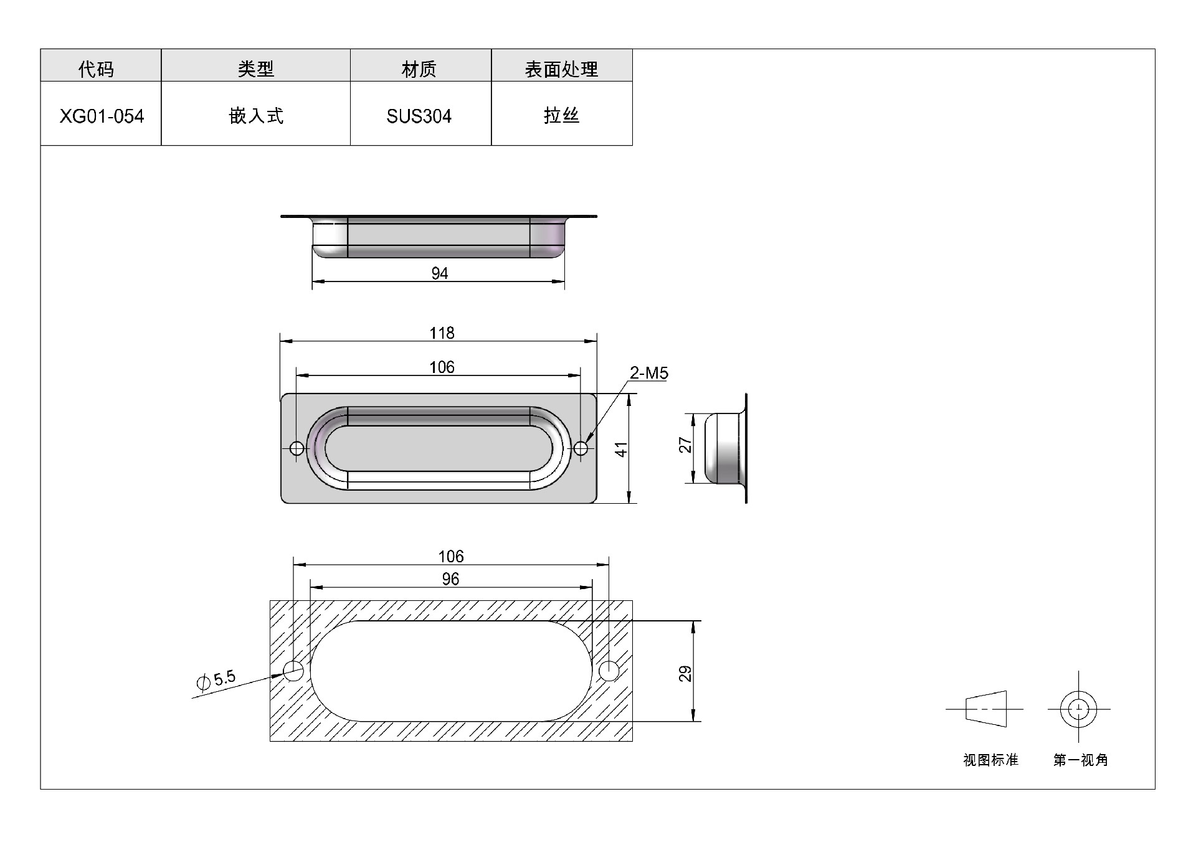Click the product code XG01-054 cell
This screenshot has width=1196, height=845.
(x=102, y=116)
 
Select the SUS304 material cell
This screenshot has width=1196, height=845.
(x=419, y=116)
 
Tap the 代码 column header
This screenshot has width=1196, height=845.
(x=97, y=68)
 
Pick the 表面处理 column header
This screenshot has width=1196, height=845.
(x=561, y=68)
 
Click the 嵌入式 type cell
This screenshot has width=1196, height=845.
(x=256, y=116)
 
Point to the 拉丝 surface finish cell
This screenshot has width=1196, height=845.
(x=561, y=116)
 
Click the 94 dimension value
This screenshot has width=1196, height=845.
(x=440, y=273)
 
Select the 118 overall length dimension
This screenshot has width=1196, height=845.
(x=442, y=333)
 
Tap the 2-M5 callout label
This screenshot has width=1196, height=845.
(x=648, y=373)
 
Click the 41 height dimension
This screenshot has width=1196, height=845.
(x=621, y=449)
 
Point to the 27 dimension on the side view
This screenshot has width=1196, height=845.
(x=685, y=445)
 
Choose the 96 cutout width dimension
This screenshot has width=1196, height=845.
(x=450, y=579)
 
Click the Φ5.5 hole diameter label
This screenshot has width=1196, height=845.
(x=216, y=680)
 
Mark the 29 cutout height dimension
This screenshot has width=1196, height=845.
(x=685, y=674)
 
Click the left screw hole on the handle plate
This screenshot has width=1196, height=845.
(x=297, y=448)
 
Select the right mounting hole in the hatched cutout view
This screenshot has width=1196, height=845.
(x=609, y=671)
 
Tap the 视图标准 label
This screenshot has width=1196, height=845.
(x=990, y=760)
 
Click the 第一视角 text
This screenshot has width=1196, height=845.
(x=1080, y=760)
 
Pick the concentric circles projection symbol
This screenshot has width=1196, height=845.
(x=1078, y=709)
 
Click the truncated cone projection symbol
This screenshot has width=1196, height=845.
(x=986, y=709)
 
